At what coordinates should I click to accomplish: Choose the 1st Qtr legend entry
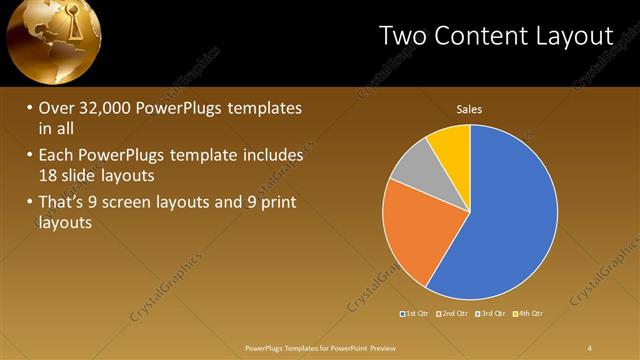415,314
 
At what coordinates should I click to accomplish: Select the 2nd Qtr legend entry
454,314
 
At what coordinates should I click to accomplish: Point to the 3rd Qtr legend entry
493,314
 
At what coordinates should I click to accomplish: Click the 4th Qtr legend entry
531,314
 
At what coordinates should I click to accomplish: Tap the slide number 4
590,347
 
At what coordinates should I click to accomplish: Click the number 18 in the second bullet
49,174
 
